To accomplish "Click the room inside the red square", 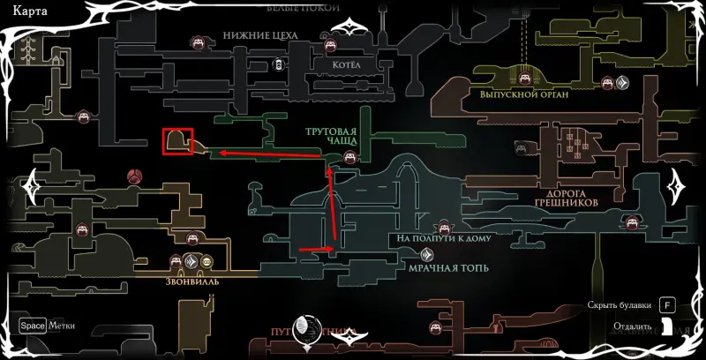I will [x=177, y=141].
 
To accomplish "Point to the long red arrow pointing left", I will [x=269, y=154].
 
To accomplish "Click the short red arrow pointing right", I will [x=316, y=250].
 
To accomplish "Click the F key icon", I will [x=667, y=306].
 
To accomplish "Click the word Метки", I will [x=62, y=326].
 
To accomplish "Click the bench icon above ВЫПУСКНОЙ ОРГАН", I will [x=608, y=83].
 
